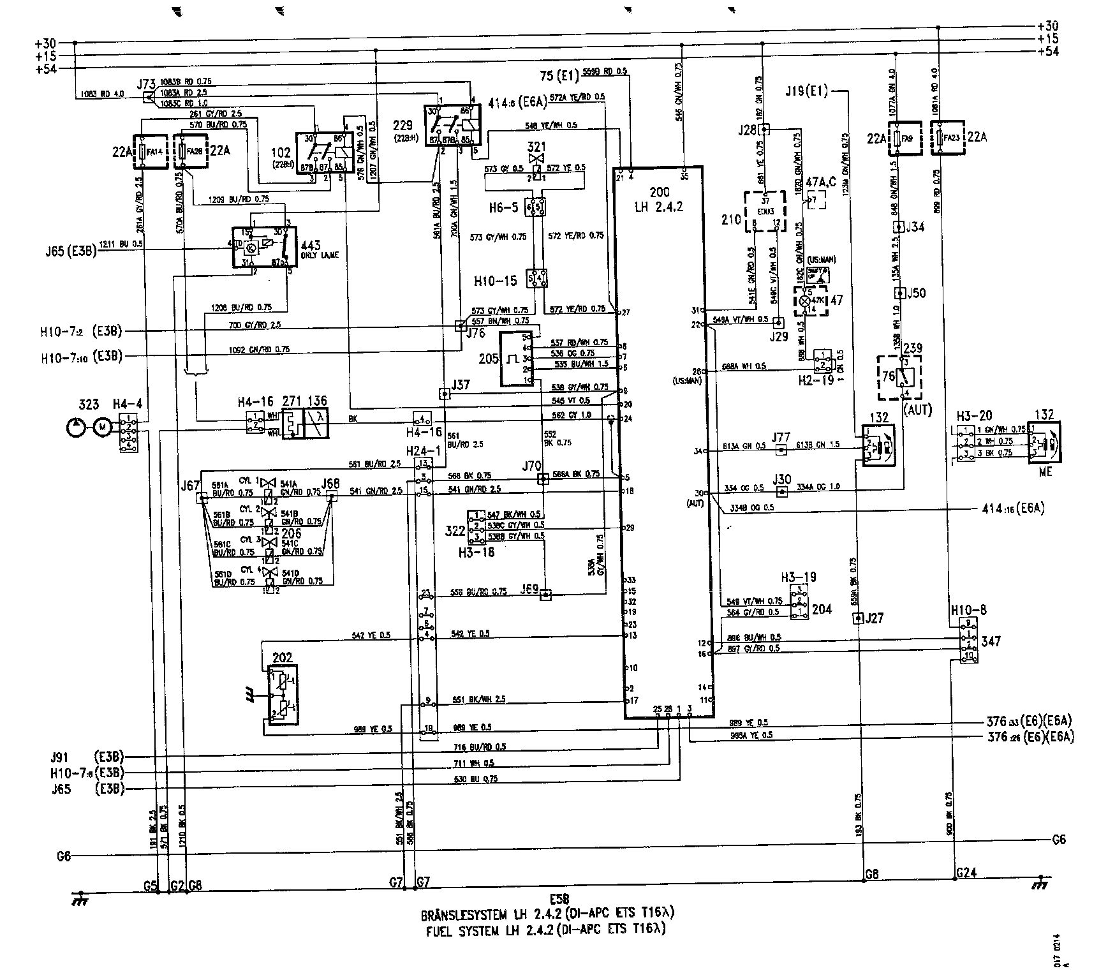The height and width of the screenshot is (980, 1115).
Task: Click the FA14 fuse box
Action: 145,152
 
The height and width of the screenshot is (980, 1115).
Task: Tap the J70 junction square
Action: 543,479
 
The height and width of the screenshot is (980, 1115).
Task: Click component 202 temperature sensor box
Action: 282,694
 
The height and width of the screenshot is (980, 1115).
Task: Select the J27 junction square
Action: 858,618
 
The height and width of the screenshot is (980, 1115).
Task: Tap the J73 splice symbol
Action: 148,97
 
